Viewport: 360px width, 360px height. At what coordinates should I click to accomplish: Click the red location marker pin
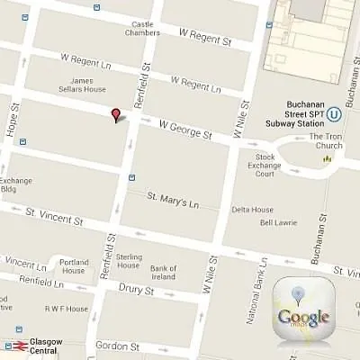(114, 114)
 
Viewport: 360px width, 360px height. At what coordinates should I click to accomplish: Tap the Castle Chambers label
(143, 29)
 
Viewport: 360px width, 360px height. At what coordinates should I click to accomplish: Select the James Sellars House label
(89, 85)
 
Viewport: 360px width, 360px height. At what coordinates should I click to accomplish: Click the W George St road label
(184, 130)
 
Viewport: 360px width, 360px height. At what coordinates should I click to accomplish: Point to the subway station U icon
(333, 113)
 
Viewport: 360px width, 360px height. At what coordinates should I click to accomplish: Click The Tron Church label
(326, 141)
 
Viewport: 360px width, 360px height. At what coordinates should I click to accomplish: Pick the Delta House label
(252, 210)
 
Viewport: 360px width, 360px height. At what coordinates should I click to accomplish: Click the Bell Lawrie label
(278, 222)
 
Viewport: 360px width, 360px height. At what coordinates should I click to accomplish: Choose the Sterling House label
(129, 261)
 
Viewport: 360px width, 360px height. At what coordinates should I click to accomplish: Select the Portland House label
(74, 266)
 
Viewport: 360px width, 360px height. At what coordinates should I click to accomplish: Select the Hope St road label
(14, 118)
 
